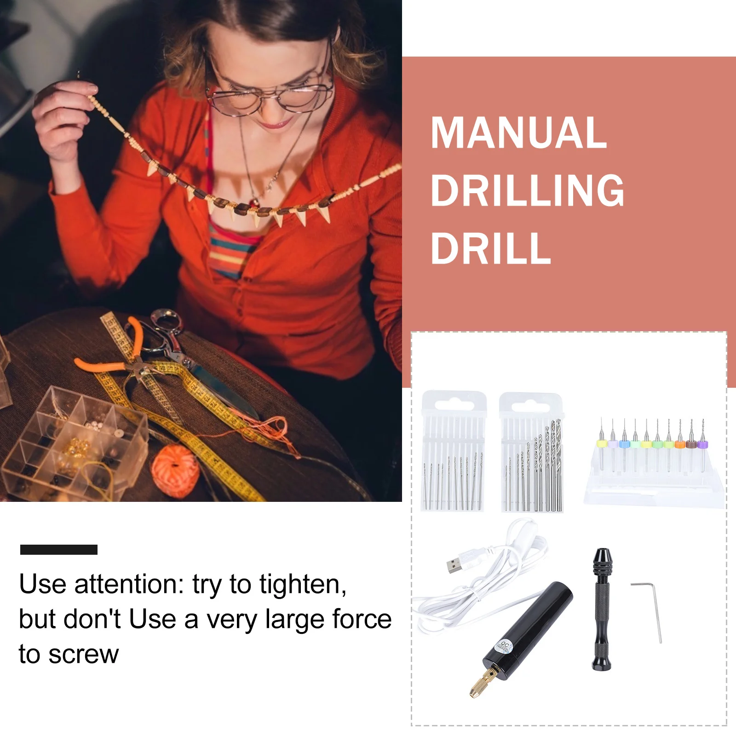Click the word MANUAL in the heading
tap(518, 133)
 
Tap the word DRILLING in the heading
tap(527, 190)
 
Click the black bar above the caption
tap(59, 550)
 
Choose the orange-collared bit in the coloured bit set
tap(679, 444)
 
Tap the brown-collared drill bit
tap(691, 444)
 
